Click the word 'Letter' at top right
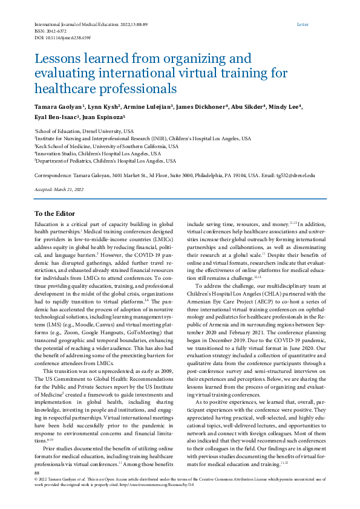(303, 25)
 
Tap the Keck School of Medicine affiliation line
(106, 146)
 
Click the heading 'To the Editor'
(54, 213)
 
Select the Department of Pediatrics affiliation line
(105, 161)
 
